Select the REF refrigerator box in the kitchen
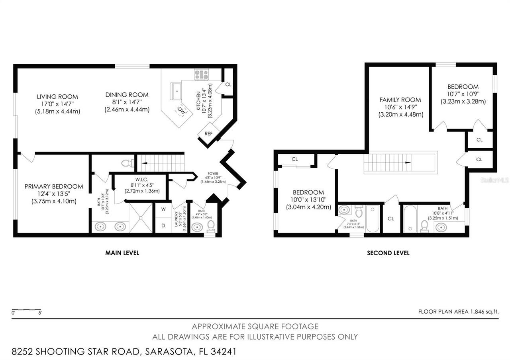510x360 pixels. point(208,134)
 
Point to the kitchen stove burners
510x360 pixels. point(202,74)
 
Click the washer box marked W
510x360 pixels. point(163,209)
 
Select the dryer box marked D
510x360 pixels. point(163,225)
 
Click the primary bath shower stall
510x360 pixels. point(141,217)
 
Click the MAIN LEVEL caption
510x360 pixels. point(122,253)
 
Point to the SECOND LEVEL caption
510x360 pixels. point(388,253)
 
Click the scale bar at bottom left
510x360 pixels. point(26,310)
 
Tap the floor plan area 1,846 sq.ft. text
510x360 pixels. point(458,312)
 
